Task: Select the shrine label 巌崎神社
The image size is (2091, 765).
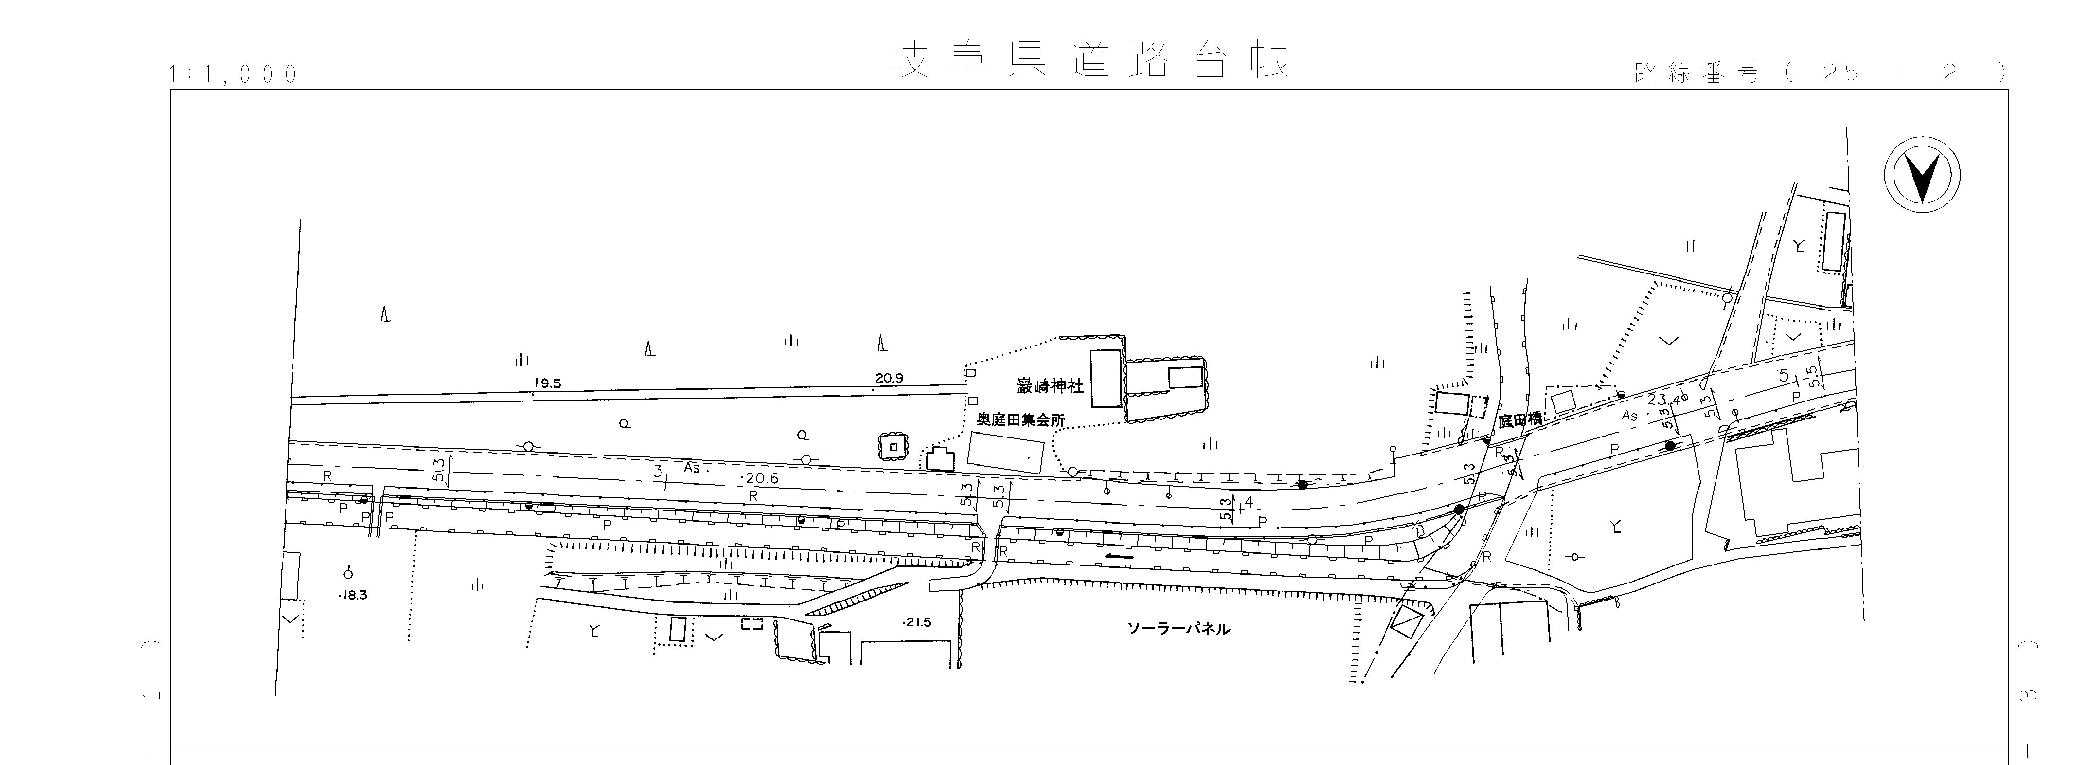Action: click(1050, 386)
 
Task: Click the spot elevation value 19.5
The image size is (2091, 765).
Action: click(548, 384)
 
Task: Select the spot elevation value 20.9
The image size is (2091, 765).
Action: click(890, 378)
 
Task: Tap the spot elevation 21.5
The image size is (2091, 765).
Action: click(917, 622)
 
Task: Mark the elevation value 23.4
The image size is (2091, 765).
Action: click(1664, 400)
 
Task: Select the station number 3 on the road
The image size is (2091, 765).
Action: click(658, 470)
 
